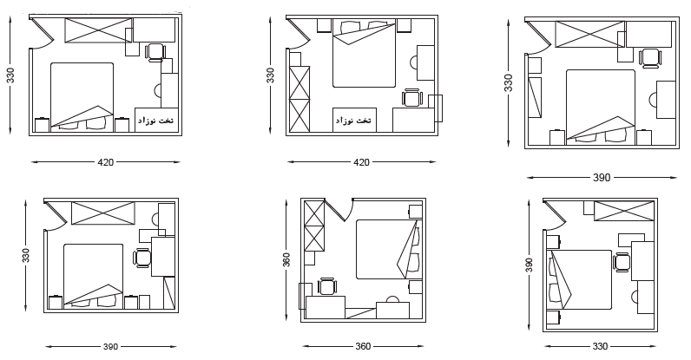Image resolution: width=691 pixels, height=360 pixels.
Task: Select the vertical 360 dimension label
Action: point(286,260)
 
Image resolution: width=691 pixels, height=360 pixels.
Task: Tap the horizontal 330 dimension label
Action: point(600,346)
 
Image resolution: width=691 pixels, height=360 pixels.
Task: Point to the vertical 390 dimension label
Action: point(530,265)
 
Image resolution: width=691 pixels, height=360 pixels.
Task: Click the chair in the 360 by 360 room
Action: point(326,286)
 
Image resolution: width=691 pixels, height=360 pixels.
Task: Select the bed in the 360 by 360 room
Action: point(387,250)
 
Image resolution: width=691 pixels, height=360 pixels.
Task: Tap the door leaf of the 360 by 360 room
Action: point(335,210)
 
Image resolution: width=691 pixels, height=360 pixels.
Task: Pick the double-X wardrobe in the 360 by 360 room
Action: point(314,226)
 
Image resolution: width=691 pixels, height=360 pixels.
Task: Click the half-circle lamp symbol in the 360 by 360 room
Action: point(392,299)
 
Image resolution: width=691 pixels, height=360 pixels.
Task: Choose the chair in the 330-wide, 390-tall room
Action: point(622,263)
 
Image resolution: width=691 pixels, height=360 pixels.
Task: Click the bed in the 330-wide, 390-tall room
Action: point(579,279)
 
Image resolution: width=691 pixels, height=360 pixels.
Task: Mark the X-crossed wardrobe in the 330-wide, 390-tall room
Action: point(623,211)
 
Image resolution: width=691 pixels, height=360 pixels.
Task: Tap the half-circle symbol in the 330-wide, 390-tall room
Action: point(635,296)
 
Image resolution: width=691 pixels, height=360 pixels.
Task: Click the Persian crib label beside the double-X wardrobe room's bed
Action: point(354,121)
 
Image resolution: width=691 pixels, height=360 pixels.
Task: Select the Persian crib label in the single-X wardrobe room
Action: point(156,121)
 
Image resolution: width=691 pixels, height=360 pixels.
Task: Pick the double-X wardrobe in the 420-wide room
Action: point(299,99)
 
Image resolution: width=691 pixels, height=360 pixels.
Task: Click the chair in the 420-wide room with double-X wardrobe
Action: point(412,98)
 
